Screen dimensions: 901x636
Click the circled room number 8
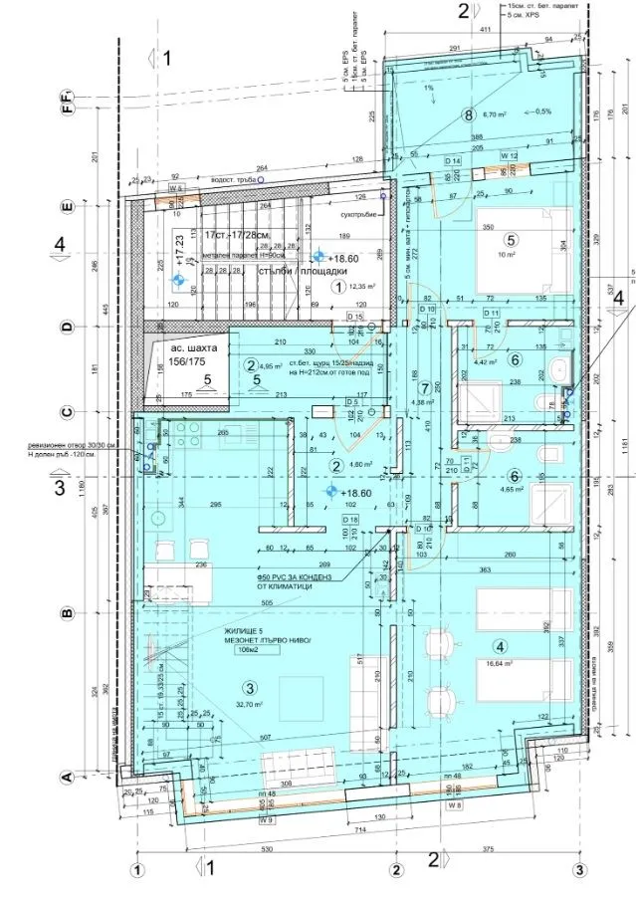coord(469,114)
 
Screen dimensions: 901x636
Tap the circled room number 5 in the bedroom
coord(512,240)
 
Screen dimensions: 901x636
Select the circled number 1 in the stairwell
coord(339,287)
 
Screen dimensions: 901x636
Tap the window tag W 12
coord(510,156)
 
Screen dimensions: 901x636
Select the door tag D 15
coord(352,317)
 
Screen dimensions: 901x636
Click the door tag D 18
coord(350,520)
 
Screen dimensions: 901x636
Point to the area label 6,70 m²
coord(496,115)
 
